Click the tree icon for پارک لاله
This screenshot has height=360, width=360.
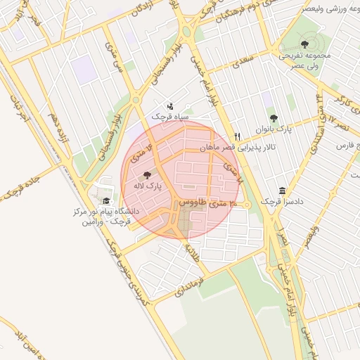point(147,174)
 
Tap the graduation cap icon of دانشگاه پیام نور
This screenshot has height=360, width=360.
point(106,202)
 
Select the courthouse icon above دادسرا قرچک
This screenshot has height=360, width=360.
point(282,191)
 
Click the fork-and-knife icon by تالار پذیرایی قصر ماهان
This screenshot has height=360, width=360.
point(238,136)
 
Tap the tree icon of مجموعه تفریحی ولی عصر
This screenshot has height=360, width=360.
point(304,44)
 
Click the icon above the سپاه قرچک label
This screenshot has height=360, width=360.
point(171,105)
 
